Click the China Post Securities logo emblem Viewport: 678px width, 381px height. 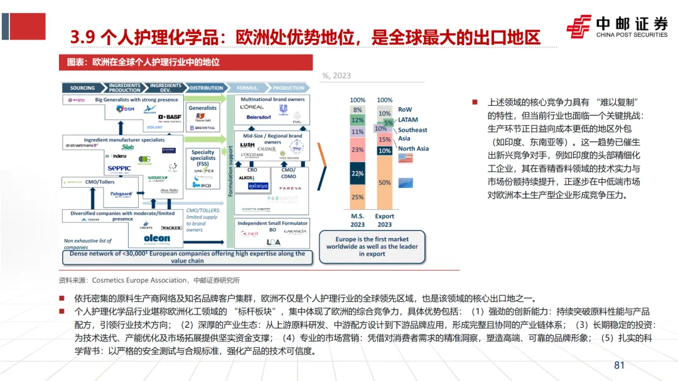578,26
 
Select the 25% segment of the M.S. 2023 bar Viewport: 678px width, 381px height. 357,197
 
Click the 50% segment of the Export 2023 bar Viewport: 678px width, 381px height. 385,182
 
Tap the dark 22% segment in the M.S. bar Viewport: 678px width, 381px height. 357,173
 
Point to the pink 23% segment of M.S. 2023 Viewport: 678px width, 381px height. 357,150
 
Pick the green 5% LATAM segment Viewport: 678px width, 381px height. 389,123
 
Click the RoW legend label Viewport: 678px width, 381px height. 405,110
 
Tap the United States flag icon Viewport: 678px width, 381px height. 406,160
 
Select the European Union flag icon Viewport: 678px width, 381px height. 406,182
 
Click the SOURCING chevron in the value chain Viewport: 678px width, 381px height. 82,88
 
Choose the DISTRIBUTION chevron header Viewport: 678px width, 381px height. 206,88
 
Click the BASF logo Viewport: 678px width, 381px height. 169,117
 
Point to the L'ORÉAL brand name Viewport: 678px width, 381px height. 252,107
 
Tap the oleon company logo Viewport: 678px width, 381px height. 156,238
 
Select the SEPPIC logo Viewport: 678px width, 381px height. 119,168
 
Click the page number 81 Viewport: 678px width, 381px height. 620,365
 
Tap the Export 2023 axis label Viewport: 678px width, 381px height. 385,221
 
